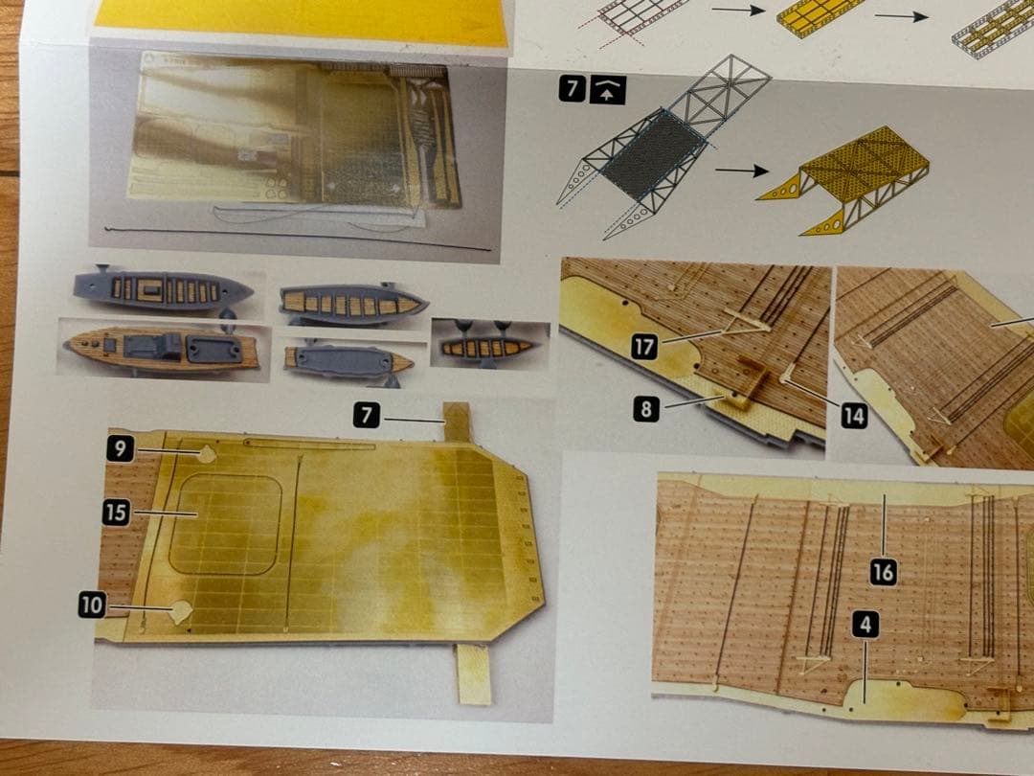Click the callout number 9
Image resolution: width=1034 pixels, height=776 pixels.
pyautogui.click(x=120, y=448)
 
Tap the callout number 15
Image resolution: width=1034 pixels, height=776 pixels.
pyautogui.click(x=116, y=512)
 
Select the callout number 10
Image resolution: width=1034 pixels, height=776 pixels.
pyautogui.click(x=92, y=605)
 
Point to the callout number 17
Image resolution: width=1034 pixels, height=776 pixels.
pyautogui.click(x=644, y=347)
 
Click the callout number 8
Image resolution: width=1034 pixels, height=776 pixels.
pyautogui.click(x=646, y=409)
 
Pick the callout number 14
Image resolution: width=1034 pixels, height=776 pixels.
pyautogui.click(x=854, y=416)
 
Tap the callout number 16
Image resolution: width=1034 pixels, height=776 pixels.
pyautogui.click(x=884, y=572)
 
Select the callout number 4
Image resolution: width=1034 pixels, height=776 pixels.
pyautogui.click(x=865, y=624)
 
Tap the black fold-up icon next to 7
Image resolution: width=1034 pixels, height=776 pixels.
pyautogui.click(x=607, y=90)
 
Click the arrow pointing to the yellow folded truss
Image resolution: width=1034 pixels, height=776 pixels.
pyautogui.click(x=742, y=171)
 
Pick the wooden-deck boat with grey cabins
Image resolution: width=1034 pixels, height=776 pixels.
pyautogui.click(x=162, y=350)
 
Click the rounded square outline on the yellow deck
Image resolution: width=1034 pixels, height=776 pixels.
pyautogui.click(x=226, y=525)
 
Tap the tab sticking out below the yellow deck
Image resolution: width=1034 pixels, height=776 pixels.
pyautogui.click(x=474, y=673)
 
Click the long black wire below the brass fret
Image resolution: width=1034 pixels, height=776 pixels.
pyautogui.click(x=298, y=239)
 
